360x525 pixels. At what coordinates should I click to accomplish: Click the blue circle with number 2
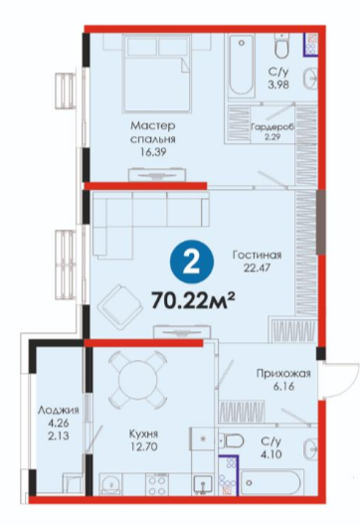(192, 263)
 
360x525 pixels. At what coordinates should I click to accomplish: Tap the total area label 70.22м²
(193, 299)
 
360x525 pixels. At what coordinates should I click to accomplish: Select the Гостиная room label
(258, 256)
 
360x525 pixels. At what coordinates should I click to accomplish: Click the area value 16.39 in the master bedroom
(153, 152)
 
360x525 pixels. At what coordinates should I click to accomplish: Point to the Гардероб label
(271, 127)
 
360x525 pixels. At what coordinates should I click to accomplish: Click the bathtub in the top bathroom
(241, 65)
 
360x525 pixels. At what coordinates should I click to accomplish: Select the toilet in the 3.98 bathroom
(281, 47)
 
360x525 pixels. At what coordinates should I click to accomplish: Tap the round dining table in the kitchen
(137, 378)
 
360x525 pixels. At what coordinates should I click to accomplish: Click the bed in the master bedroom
(156, 74)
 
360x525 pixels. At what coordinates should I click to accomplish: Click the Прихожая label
(283, 373)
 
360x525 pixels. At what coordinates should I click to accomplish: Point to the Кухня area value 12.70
(143, 446)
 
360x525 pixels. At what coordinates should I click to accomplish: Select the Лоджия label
(59, 410)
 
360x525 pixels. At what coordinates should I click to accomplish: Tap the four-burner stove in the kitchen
(156, 484)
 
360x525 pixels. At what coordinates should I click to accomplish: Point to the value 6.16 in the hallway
(283, 387)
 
